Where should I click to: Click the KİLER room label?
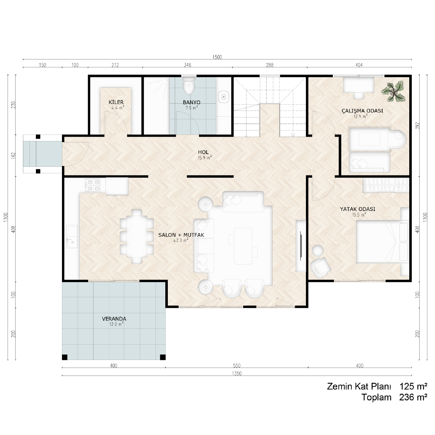click(116, 102)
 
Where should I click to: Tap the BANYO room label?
click(191, 102)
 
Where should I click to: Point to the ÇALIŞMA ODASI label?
click(362, 111)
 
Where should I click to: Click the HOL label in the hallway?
click(203, 152)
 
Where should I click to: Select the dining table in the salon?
click(137, 236)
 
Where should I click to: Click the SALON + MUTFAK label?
click(181, 235)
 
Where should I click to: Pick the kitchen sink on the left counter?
click(72, 236)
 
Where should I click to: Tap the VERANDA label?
click(114, 319)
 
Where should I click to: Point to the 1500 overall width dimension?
click(217, 57)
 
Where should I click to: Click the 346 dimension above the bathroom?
click(187, 65)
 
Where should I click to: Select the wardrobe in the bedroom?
click(386, 186)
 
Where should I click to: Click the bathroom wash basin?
click(224, 97)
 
